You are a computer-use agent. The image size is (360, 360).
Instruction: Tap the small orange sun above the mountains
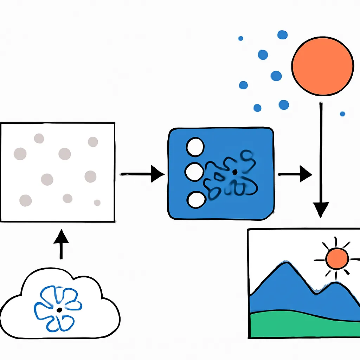coord(337,258)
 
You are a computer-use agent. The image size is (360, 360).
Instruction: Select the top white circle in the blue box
coord(195,147)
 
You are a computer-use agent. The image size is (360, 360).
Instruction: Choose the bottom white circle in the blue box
coord(196,200)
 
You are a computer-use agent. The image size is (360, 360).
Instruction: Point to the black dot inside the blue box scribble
coord(234,172)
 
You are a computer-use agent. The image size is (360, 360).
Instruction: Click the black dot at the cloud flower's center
coord(59,309)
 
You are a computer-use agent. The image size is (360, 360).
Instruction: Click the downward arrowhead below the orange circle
coord(321,210)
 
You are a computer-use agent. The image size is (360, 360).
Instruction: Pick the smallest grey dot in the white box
coord(97,202)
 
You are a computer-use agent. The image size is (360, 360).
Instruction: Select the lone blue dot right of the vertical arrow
coord(342,114)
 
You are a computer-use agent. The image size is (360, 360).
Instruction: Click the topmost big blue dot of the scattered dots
coord(282,34)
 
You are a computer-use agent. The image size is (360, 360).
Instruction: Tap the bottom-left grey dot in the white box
coord(25,200)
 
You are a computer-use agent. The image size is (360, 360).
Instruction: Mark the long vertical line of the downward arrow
coord(321,151)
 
